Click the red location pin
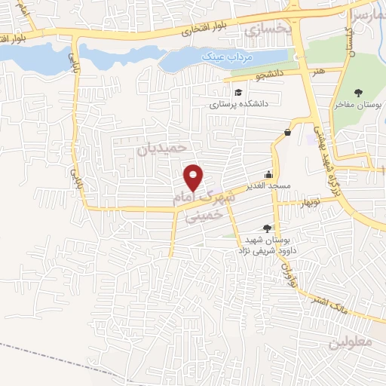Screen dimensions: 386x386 [195, 177]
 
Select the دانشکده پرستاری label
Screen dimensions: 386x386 [240, 105]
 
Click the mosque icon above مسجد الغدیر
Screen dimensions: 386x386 [268, 173]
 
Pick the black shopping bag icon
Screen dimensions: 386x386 [288, 132]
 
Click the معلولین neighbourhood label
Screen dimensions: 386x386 [351, 342]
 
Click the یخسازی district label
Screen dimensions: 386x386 [268, 29]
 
